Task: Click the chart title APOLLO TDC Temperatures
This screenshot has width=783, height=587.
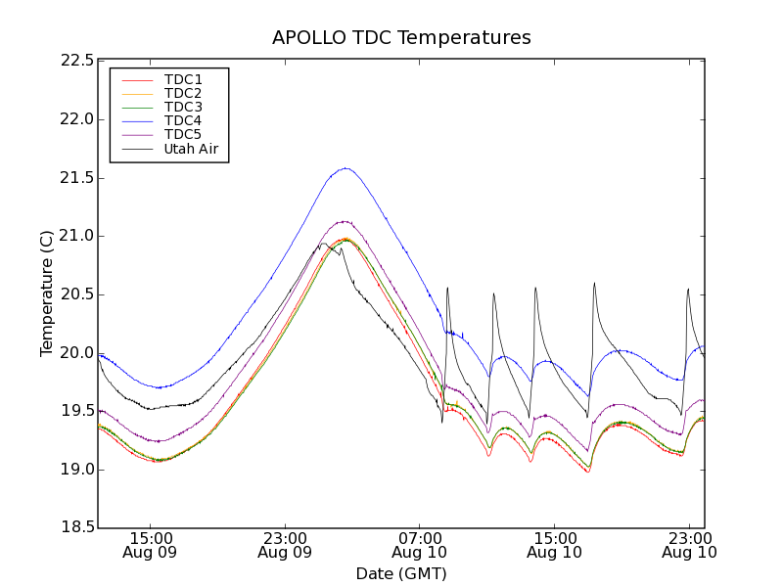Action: click(x=401, y=38)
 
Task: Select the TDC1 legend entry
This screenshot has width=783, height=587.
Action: click(x=183, y=79)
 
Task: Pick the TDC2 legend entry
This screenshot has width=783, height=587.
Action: click(x=183, y=93)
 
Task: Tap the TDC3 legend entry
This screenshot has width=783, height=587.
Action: click(x=183, y=107)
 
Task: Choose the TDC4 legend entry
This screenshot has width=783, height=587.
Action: click(x=183, y=121)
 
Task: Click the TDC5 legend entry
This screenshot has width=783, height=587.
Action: click(x=183, y=135)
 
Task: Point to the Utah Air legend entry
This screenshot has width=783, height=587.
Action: click(x=191, y=150)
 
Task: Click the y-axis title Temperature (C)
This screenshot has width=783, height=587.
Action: click(x=47, y=293)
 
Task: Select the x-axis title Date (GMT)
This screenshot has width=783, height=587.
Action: click(x=401, y=573)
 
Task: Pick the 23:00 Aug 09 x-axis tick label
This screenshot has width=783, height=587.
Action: click(x=285, y=545)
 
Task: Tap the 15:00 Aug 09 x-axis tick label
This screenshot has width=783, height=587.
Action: click(x=150, y=545)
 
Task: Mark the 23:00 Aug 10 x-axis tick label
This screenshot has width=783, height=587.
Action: click(x=689, y=545)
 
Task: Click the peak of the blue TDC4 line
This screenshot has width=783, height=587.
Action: click(x=345, y=167)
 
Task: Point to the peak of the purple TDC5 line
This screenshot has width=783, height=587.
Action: click(x=344, y=221)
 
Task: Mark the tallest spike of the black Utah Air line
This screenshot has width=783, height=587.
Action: click(x=594, y=283)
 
